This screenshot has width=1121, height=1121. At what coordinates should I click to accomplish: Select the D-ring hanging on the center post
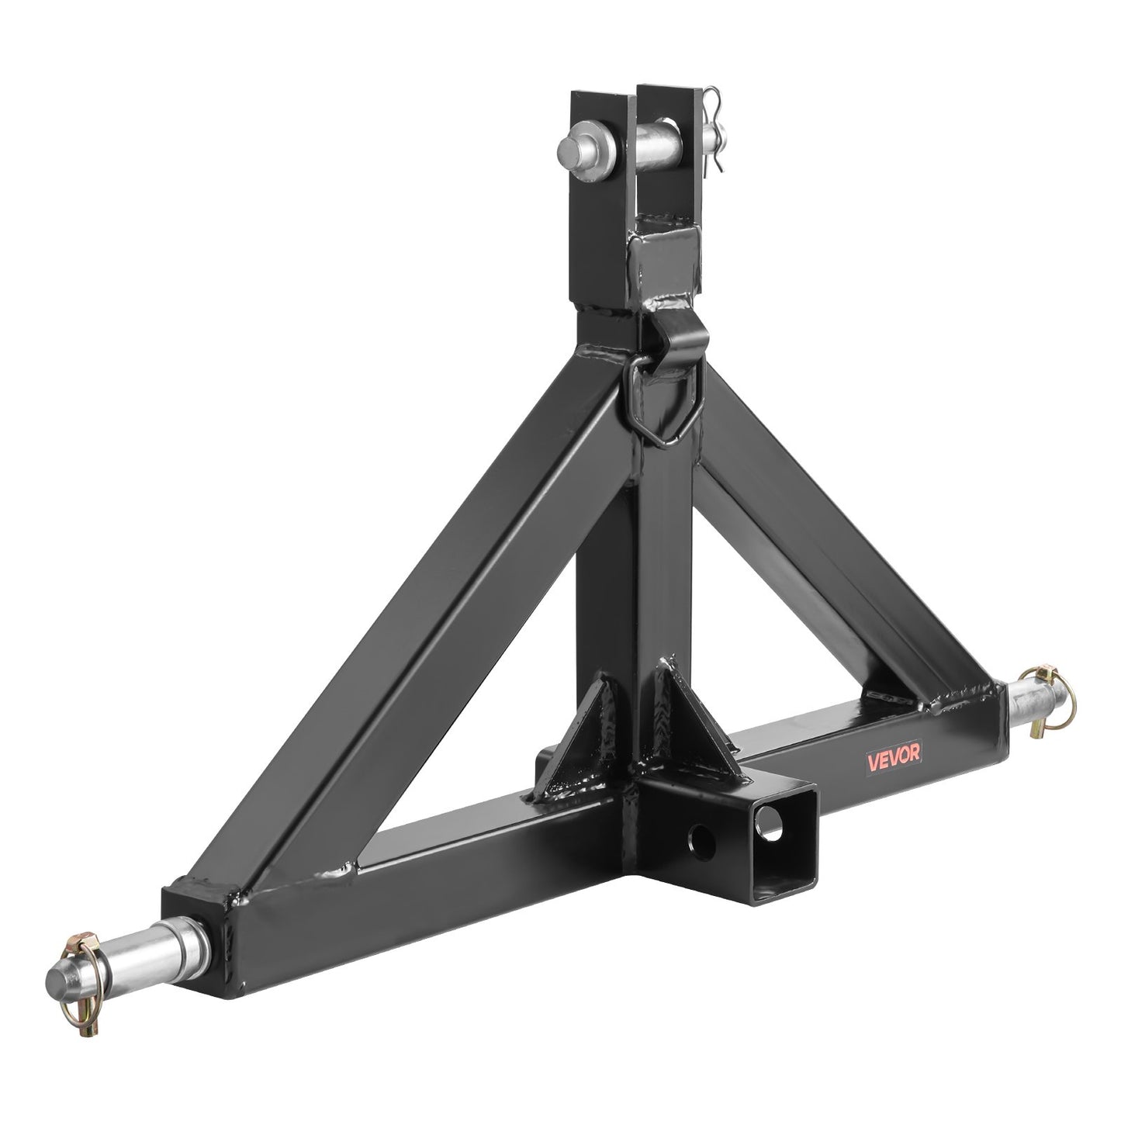point(663,410)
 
